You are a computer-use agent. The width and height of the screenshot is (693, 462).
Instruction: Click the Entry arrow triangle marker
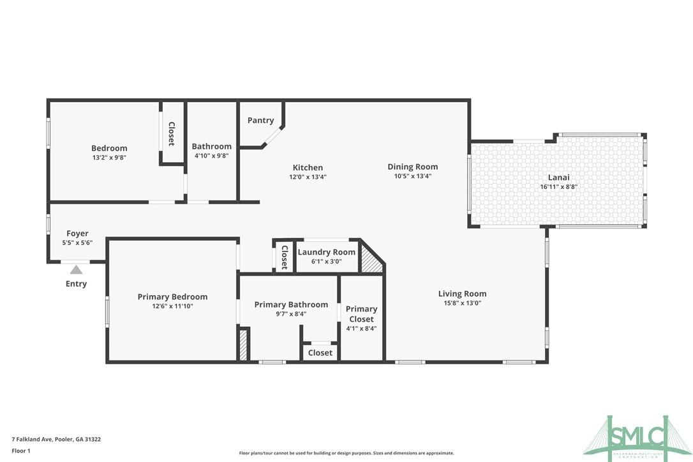pos(76,269)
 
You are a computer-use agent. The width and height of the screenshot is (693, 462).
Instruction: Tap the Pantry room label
pos(260,121)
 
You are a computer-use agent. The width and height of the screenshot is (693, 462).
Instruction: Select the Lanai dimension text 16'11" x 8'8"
pos(558,187)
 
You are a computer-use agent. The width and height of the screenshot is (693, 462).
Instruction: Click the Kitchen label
pos(308,168)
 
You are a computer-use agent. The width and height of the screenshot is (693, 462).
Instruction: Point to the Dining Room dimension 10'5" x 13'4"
pos(413,177)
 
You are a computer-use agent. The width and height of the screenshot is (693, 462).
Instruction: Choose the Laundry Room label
pos(326,252)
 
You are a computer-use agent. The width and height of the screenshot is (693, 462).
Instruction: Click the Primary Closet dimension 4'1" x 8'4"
pos(361,329)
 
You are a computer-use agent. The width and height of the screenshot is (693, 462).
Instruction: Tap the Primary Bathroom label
pos(291,305)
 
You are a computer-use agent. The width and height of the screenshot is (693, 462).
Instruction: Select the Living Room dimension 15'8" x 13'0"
pos(462,304)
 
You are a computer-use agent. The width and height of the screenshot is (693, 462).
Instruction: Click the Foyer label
pos(78,234)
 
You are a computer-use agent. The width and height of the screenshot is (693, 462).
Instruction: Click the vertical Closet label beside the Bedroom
pos(172,134)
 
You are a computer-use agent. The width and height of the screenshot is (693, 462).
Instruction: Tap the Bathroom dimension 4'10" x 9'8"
pos(212,156)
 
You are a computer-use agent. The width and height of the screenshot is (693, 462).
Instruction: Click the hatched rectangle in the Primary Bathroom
pos(243,344)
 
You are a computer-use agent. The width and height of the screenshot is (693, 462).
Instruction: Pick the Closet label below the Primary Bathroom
pos(320,353)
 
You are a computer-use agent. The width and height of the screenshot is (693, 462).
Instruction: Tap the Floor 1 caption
pos(21,451)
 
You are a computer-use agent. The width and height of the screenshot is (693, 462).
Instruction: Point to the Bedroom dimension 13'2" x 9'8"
pos(109,157)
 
